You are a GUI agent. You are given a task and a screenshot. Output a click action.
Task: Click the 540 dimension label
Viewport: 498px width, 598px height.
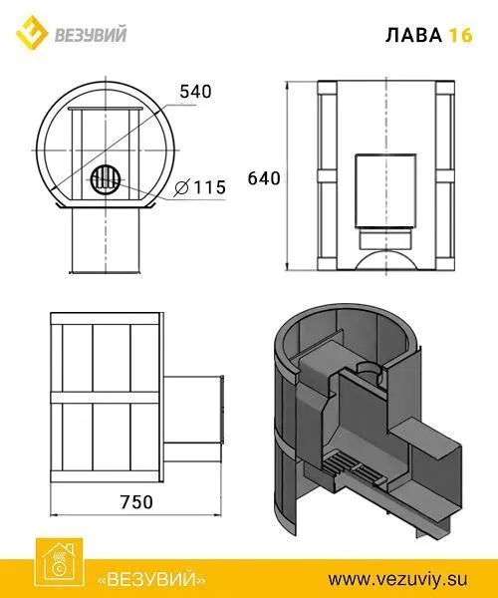coord(195,92)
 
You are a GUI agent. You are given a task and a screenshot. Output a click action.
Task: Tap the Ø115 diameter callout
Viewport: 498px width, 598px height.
coord(200,187)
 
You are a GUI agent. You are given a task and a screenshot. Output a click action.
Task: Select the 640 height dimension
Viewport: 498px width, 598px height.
coord(264,178)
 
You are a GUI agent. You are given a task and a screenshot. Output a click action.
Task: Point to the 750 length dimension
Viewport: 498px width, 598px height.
coord(136,502)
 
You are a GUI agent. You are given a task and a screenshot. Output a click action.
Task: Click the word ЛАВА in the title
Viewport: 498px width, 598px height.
coord(413,35)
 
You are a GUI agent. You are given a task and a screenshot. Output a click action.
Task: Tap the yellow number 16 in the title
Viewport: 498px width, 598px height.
coord(460,35)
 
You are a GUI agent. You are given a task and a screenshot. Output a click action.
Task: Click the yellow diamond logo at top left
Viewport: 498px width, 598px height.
coord(32,33)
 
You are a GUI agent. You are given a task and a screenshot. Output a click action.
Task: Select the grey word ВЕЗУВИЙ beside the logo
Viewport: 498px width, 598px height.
coord(91,34)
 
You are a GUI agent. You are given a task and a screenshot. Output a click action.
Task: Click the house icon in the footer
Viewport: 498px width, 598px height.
coord(59,562)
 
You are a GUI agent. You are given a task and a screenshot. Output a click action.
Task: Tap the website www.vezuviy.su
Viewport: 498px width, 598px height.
coord(397,580)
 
